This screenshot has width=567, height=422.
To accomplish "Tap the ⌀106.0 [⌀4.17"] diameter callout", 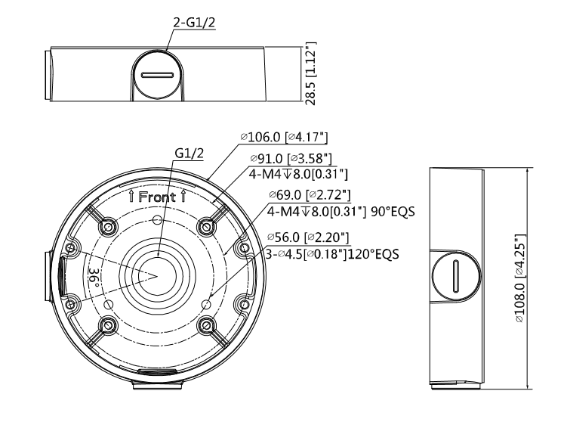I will coord(286,138).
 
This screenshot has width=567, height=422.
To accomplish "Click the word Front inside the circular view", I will coord(158,197).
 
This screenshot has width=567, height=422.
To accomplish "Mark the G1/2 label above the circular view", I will coord(189,154).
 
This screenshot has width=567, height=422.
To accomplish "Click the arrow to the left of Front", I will coord(133,197).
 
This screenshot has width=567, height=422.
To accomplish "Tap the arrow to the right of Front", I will coord(183,197).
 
